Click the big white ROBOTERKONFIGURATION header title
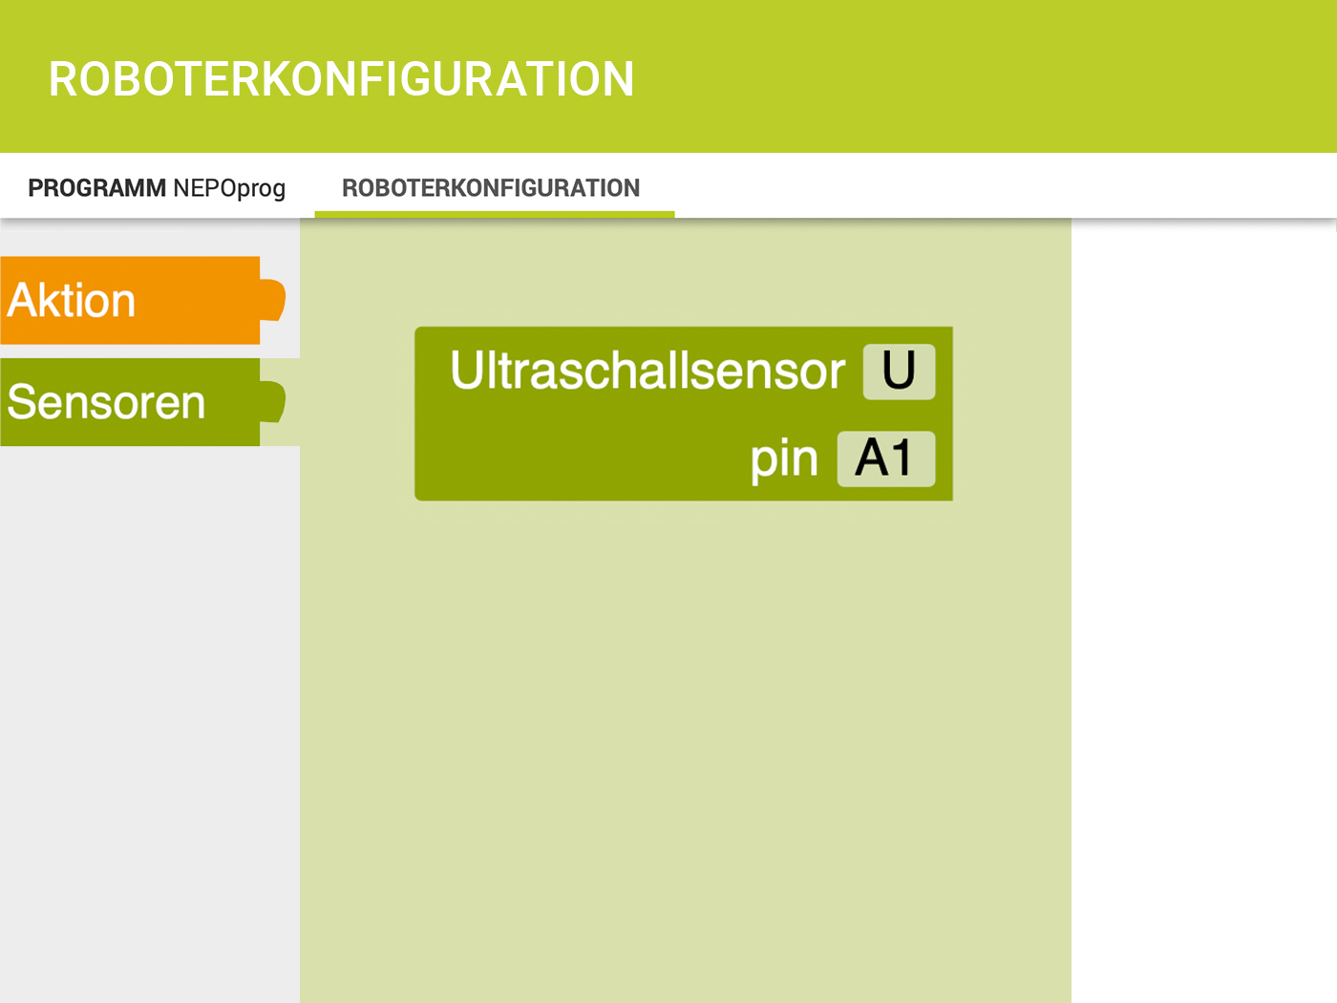coord(341,79)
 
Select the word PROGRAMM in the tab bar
coord(96,188)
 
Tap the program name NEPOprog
coord(229,189)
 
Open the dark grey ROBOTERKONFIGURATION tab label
coord(491,188)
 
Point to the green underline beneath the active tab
coord(495,214)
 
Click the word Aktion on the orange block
coord(72,300)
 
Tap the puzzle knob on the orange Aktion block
coord(272,300)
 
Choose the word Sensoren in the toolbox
coord(106,402)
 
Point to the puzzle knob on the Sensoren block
coord(272,401)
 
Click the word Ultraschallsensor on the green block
coord(647,370)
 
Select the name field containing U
coord(899,372)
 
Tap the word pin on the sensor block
coord(784,459)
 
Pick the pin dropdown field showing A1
coord(886,459)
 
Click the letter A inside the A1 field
coord(874,458)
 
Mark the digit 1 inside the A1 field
coord(904,458)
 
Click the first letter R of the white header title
coord(62,79)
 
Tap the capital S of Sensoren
coord(23,402)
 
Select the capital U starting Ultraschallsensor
coord(466,369)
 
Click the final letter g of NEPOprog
coord(278,192)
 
